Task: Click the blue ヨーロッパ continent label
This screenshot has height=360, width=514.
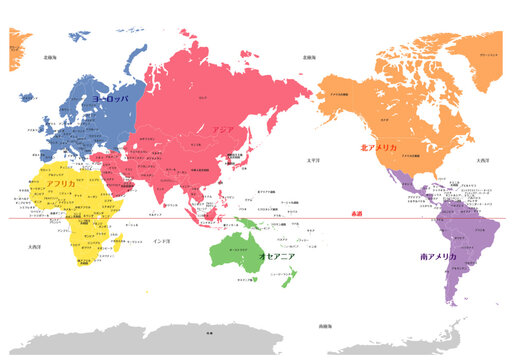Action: coord(111,101)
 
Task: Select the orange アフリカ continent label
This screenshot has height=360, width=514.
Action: coord(61,184)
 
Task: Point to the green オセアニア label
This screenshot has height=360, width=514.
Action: coord(276,257)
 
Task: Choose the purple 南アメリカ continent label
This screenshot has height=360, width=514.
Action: coord(439,257)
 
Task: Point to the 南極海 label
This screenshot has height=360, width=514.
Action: coord(324,326)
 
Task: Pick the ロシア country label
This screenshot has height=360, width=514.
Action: coord(203,98)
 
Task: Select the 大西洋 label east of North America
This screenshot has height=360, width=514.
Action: coord(483,160)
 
